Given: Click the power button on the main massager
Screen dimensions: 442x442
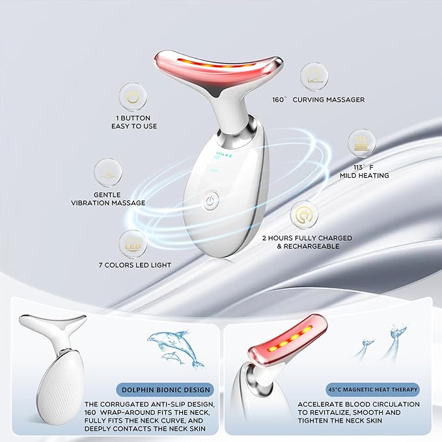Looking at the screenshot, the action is coord(211,200).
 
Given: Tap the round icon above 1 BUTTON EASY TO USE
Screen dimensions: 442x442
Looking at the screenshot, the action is coord(133,97).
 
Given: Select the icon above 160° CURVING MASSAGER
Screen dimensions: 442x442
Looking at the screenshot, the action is coord(314,77).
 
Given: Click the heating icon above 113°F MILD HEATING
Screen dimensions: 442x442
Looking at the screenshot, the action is coord(362,143).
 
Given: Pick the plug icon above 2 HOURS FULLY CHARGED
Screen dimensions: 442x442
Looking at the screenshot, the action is coord(304,215).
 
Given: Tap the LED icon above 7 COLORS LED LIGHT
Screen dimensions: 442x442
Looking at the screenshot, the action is coord(133,244).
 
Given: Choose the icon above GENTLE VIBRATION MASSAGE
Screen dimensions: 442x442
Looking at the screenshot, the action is coord(108,173).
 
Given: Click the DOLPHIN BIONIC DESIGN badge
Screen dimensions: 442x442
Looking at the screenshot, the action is coord(165,390).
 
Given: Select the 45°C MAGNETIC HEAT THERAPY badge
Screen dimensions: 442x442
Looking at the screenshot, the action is coord(372,389).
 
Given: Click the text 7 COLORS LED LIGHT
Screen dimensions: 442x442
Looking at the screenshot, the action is coord(135,265).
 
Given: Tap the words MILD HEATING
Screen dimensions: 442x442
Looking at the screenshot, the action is coord(364,175).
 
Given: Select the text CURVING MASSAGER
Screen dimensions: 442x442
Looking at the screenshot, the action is coord(328,100).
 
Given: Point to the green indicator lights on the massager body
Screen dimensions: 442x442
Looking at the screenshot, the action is coord(223,154).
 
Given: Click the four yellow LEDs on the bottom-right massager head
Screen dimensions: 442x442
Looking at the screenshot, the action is coord(290,338).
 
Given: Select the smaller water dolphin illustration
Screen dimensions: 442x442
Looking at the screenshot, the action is coord(173,357).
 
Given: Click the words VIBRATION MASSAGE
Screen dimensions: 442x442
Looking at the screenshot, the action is coord(108,202).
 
